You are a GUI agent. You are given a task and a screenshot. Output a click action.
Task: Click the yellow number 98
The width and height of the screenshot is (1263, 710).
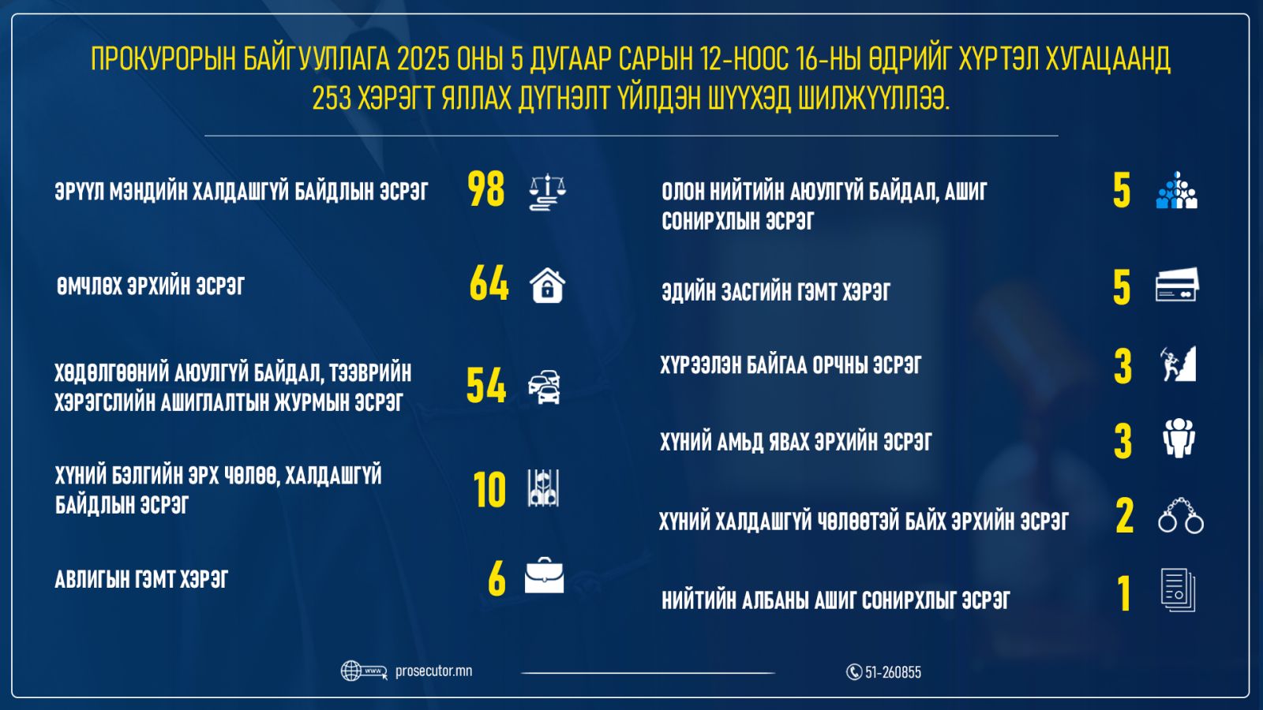pos(485,190)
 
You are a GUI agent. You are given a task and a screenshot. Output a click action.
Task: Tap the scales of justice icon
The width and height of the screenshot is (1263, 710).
pos(548,192)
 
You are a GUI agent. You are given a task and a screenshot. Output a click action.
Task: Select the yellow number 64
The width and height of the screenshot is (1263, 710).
pos(489,283)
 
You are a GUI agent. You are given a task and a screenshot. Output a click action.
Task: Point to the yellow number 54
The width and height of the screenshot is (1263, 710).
pos(486,386)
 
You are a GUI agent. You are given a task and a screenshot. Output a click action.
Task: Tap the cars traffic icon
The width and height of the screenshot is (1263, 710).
pos(544,387)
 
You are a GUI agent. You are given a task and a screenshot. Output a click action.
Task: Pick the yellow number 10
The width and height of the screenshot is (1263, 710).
pos(489,490)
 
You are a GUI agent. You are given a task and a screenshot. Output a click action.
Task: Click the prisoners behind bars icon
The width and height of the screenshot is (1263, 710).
pos(544,488)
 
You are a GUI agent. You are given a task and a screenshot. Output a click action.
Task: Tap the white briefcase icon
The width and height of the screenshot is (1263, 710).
pos(544,575)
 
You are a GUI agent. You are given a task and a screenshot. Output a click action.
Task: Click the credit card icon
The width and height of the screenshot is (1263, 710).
pos(1177,285)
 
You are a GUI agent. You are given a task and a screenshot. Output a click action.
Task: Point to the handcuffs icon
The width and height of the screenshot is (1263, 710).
pos(1181,516)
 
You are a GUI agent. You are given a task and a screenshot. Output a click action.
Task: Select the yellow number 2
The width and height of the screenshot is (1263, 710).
pos(1124,516)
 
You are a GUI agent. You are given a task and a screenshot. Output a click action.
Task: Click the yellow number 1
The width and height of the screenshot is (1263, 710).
pos(1124,593)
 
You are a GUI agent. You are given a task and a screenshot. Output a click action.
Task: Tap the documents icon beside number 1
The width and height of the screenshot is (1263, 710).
pos(1178,590)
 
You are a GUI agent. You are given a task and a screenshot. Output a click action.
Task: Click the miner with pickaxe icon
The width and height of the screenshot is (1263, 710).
pos(1178,364)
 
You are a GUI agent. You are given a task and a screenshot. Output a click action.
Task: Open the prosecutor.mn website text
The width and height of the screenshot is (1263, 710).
pos(433,671)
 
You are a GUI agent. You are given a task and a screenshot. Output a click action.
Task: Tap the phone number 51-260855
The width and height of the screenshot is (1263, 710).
pos(893,672)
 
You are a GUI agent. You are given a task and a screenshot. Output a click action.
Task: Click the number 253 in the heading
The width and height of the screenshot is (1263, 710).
pos(332,99)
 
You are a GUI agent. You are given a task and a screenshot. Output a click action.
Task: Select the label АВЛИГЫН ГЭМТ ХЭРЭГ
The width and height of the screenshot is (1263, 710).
pos(141,579)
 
